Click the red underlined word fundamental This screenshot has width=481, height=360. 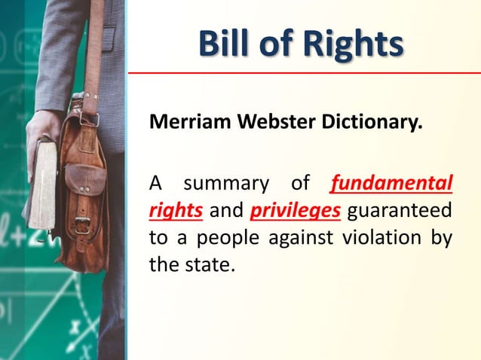click(x=392, y=183)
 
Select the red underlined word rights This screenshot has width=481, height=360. click(x=176, y=209)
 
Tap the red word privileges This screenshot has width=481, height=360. click(x=296, y=209)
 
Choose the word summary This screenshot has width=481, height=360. click(x=226, y=183)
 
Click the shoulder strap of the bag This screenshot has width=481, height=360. click(x=94, y=53)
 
